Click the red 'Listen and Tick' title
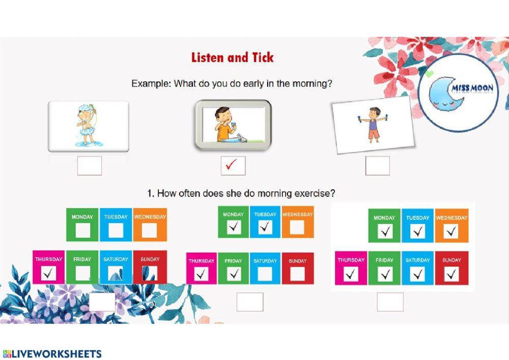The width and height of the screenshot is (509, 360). pyautogui.click(x=233, y=58)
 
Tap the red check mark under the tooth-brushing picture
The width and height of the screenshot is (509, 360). pyautogui.click(x=232, y=164)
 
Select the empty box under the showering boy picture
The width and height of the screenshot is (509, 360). pyautogui.click(x=89, y=166)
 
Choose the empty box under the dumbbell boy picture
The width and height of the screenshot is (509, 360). pyautogui.click(x=378, y=166)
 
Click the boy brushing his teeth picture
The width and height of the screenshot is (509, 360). pyautogui.click(x=233, y=125)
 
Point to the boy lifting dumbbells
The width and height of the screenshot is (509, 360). pyautogui.click(x=374, y=125)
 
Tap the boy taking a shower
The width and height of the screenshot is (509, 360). pyautogui.click(x=87, y=125)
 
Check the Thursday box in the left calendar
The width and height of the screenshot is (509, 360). pyautogui.click(x=49, y=273)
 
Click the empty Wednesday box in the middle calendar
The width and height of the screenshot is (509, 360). pyautogui.click(x=297, y=228)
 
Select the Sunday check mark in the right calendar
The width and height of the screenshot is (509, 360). pyautogui.click(x=451, y=274)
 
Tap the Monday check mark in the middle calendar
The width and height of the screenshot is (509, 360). pyautogui.click(x=234, y=227)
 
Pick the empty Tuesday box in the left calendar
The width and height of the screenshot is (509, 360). pyautogui.click(x=116, y=231)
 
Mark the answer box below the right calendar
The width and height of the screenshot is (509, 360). pyautogui.click(x=390, y=302)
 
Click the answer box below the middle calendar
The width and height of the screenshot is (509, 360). pyautogui.click(x=250, y=302)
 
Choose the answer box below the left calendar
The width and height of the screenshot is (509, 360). pyautogui.click(x=102, y=302)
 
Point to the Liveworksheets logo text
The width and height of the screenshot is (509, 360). pyautogui.click(x=52, y=353)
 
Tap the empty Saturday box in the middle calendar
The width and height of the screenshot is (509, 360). pyautogui.click(x=265, y=273)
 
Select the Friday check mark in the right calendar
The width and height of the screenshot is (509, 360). pyautogui.click(x=385, y=274)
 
